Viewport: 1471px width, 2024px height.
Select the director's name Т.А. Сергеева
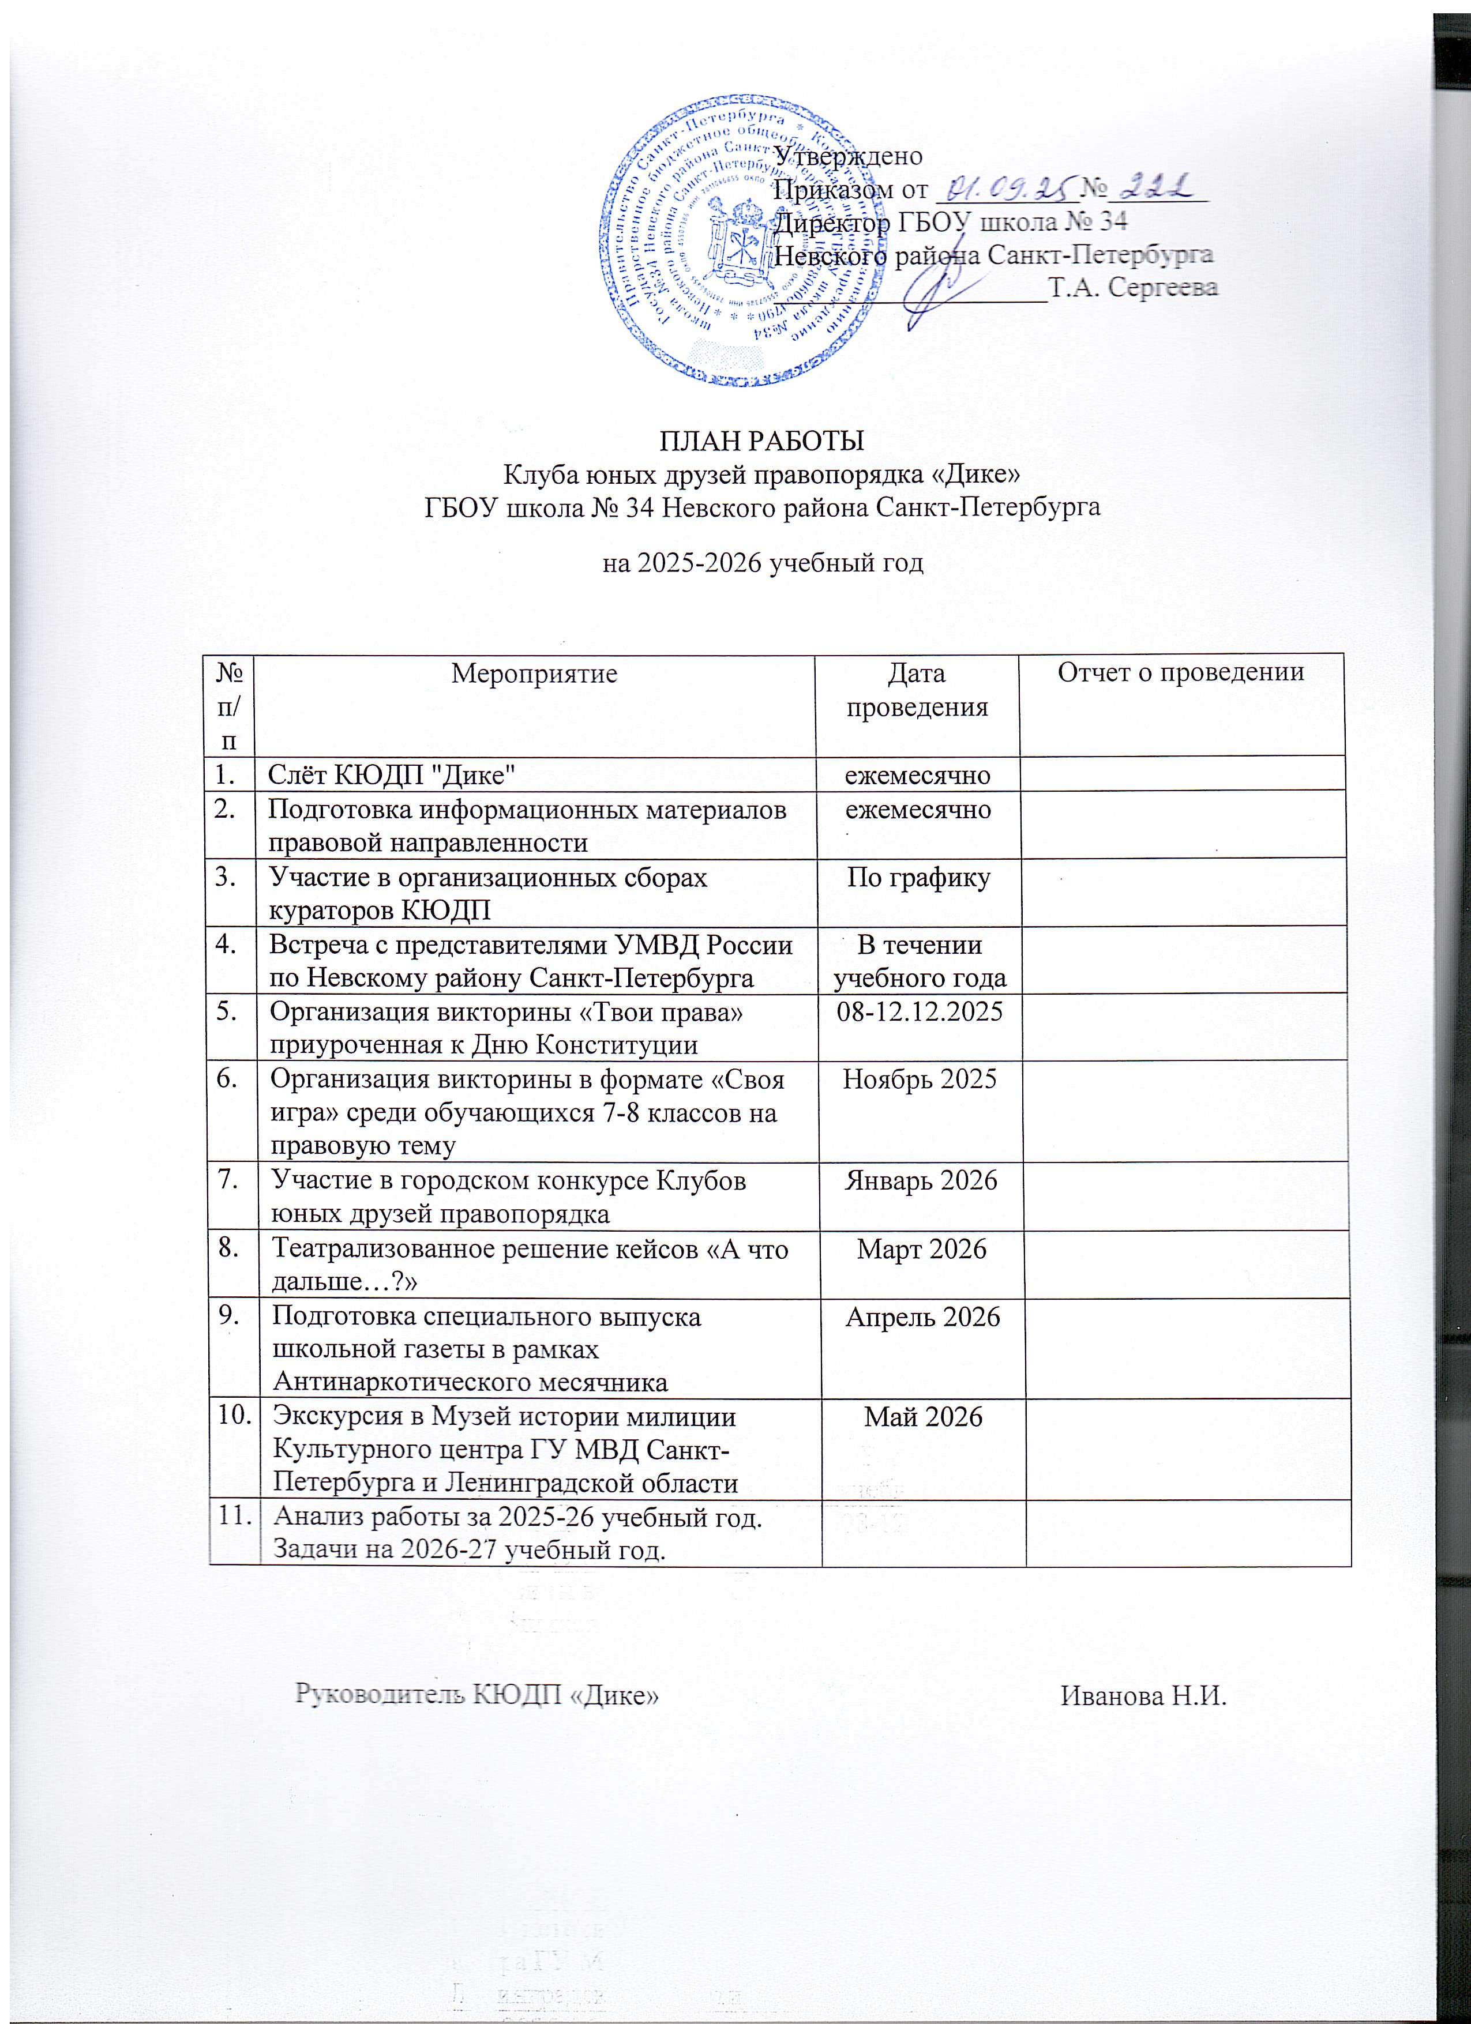(x=1134, y=287)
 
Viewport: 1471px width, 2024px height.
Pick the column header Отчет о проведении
(x=1181, y=673)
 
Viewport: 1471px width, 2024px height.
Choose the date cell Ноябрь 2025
(x=918, y=1079)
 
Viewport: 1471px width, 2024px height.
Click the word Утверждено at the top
(x=848, y=155)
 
